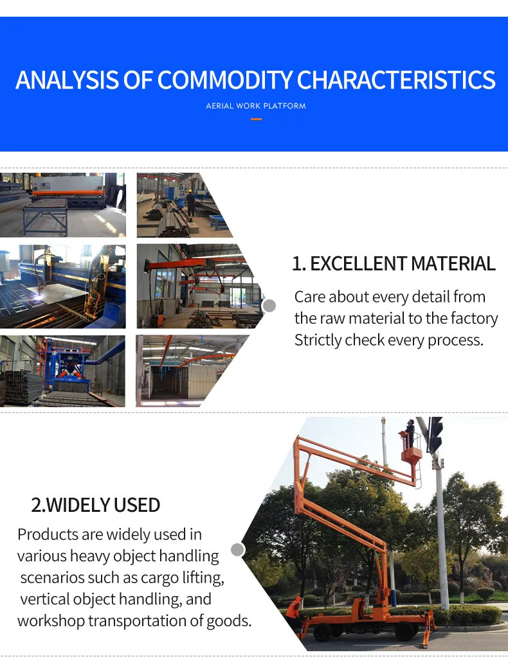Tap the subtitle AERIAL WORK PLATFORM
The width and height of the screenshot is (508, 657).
tap(256, 106)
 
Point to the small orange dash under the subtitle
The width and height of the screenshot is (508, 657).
tap(256, 119)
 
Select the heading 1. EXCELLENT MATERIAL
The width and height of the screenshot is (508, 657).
tap(394, 264)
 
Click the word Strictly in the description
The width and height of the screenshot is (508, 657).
tap(318, 340)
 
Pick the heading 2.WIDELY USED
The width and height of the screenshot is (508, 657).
tap(96, 505)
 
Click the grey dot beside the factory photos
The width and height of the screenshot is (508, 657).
tap(269, 306)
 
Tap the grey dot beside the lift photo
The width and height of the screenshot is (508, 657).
tap(237, 550)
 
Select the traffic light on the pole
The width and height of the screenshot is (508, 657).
tap(436, 434)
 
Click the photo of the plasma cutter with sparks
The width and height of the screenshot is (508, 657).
tap(63, 286)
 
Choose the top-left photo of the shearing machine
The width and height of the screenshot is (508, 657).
tap(63, 205)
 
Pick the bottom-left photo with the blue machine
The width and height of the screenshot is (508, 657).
tap(63, 371)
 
